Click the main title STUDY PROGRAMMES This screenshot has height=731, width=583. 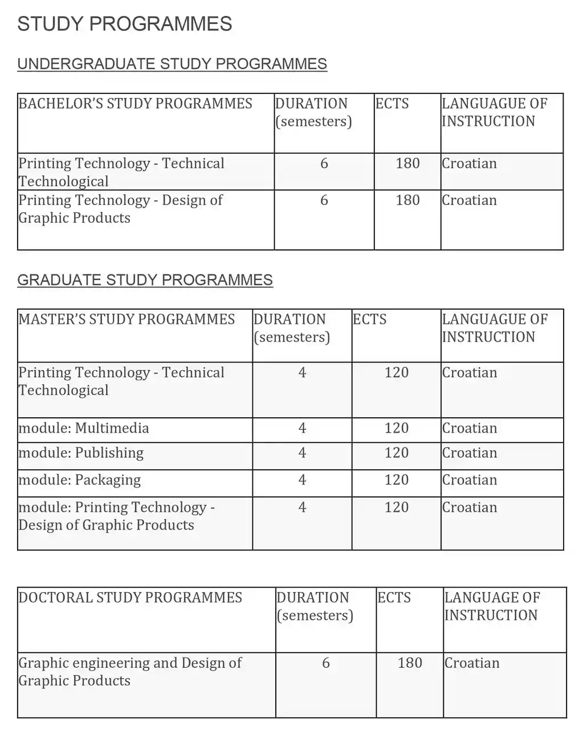click(125, 24)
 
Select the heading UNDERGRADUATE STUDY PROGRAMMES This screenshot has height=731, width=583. click(172, 64)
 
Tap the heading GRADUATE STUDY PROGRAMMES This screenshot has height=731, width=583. click(145, 280)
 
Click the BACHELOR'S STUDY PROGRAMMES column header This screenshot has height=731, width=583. click(135, 104)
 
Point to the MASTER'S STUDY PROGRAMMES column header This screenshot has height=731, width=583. click(127, 319)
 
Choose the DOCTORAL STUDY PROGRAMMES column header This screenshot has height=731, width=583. click(130, 598)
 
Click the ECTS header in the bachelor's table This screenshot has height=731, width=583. click(392, 104)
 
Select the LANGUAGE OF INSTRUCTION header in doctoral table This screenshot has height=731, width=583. click(491, 606)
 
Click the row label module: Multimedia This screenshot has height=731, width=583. click(84, 428)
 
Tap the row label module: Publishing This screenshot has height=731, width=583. click(81, 453)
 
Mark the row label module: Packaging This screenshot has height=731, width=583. click(79, 481)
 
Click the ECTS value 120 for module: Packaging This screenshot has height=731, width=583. click(397, 480)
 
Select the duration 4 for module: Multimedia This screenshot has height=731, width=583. click(302, 428)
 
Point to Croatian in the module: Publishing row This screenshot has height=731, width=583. click(470, 453)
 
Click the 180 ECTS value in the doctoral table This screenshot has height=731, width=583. click(410, 663)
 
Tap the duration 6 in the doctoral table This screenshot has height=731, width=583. click(326, 663)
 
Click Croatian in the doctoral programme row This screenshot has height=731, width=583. click(472, 663)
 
